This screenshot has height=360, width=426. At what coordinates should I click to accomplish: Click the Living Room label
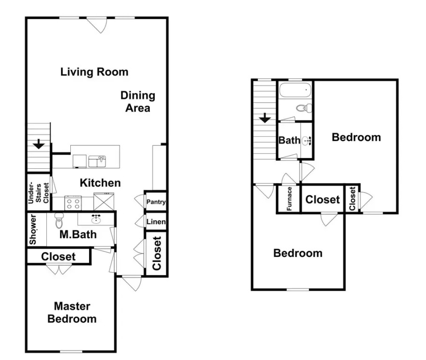coord(94,72)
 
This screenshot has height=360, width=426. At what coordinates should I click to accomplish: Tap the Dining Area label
coord(138,102)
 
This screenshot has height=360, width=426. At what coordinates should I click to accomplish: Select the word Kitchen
coord(100,183)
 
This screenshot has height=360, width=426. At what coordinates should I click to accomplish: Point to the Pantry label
coord(156,202)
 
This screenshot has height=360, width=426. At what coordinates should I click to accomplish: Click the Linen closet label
coord(156,222)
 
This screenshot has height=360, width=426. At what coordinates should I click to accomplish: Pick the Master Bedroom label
coord(72,313)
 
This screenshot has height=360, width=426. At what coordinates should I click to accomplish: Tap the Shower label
coord(33,230)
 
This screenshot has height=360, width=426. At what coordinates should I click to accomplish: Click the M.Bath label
coord(78,234)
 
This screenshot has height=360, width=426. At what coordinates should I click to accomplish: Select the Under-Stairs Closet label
coord(38,192)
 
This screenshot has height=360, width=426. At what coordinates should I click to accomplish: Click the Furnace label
coord(289,199)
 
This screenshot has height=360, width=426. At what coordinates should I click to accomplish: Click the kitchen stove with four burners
coord(73,203)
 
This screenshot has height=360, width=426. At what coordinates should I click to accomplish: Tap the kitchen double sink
coord(97,161)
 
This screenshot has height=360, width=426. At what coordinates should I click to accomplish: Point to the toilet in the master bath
coord(59,220)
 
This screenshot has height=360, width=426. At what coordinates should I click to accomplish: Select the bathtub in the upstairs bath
coord(295,90)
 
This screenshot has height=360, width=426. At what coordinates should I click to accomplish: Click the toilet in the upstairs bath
coord(304,108)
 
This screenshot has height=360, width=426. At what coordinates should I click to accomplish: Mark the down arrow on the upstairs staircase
coord(265,118)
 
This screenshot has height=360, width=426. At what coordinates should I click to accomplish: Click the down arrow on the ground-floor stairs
coord(38,144)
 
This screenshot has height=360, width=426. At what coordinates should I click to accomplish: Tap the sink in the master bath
coord(96,219)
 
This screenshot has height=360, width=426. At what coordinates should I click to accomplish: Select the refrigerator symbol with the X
coord(104,202)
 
